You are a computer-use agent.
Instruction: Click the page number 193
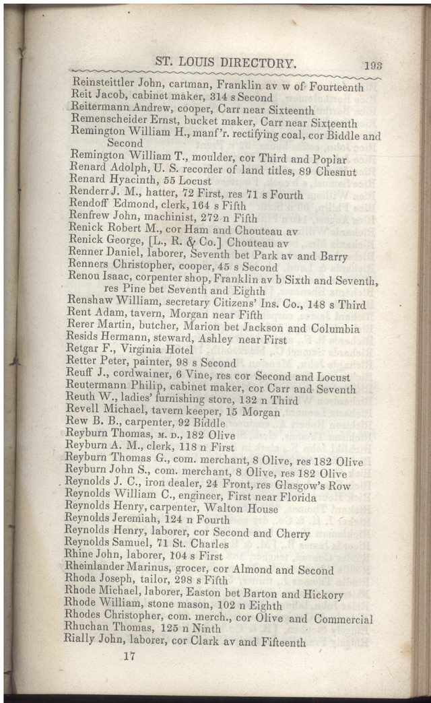pyautogui.click(x=373, y=65)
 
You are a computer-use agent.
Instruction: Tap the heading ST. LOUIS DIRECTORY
pyautogui.click(x=226, y=63)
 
